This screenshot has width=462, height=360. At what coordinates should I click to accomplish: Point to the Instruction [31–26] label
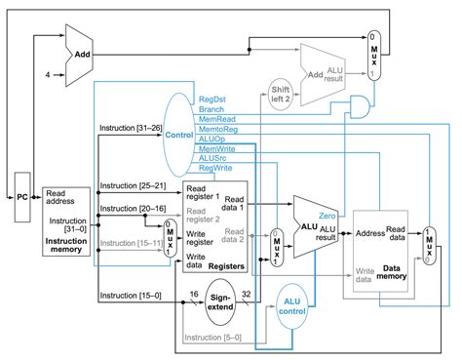click(132, 127)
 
